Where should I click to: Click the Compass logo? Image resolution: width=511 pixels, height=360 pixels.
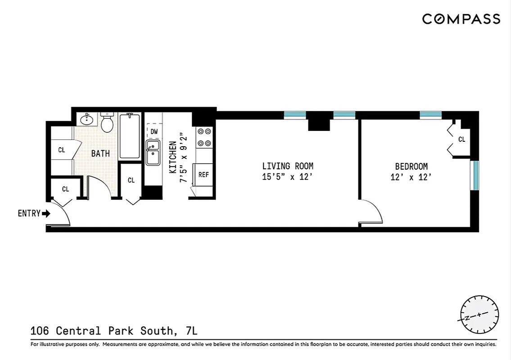pos(461,19)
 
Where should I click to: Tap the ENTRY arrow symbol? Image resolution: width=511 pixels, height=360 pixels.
pos(46,214)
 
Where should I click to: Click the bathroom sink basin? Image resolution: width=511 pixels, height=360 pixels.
pos(86,120)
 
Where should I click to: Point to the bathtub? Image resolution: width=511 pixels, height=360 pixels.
pos(130,136)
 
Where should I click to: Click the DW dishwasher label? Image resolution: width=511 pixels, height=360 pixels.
pos(154,132)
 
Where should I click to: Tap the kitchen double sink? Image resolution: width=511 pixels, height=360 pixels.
pos(153,153)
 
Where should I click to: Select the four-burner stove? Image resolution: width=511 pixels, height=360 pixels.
pos(204,137)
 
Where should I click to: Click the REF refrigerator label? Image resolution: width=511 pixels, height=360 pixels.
pos(203,175)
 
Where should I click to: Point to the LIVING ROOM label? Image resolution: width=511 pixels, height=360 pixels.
pos(288,166)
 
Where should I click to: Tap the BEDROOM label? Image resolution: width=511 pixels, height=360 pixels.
pos(411,166)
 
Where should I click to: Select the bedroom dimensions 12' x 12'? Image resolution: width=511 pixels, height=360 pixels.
pos(411,177)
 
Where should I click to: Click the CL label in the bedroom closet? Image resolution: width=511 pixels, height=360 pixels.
pos(461,139)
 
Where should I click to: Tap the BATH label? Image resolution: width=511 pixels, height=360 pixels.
pos(100,153)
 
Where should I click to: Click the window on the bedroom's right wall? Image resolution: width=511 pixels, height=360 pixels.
pos(474,175)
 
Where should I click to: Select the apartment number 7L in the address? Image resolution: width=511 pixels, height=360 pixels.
pos(191,331)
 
